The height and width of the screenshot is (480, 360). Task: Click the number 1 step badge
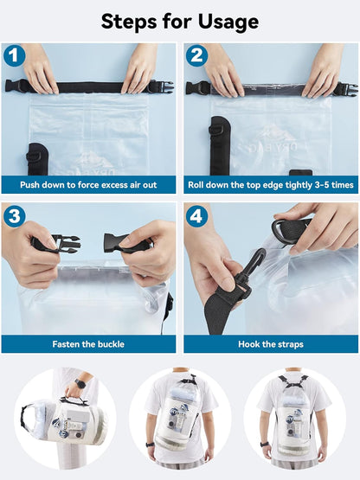[x=14, y=55]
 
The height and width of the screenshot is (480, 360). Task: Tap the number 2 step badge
[x=196, y=55]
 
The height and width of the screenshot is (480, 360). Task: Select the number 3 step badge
[x=14, y=216]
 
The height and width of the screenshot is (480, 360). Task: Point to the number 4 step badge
[x=196, y=216]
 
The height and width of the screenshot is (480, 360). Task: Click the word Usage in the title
[x=228, y=22]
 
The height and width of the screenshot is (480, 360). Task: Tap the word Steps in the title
[x=129, y=22]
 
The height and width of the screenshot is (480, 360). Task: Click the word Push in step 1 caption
[x=29, y=185]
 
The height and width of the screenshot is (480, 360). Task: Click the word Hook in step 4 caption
[x=247, y=344]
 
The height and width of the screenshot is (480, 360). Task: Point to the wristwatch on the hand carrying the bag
[x=80, y=383]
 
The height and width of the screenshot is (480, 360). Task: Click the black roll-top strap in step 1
[x=89, y=87]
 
